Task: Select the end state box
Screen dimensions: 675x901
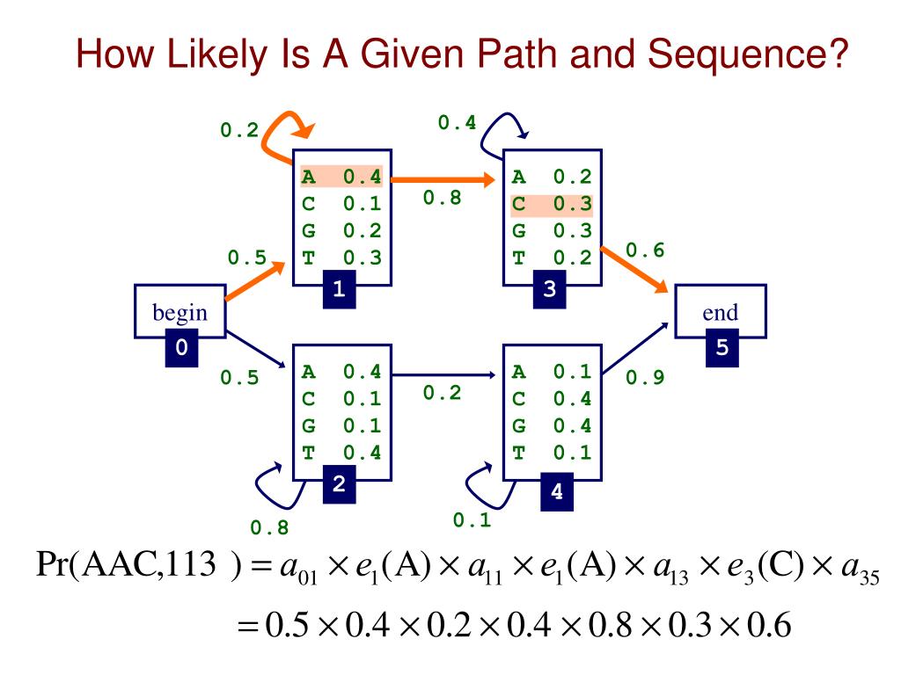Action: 719,311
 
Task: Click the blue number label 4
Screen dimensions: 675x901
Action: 555,492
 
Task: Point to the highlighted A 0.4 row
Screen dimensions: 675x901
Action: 341,177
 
